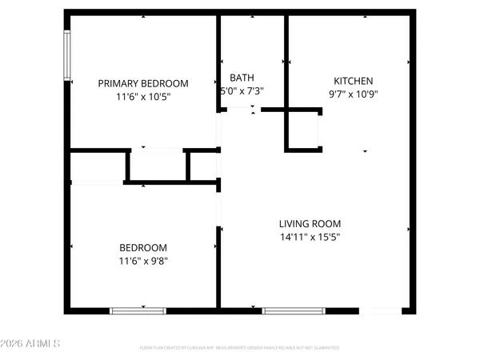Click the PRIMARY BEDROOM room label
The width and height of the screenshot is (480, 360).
[143, 83]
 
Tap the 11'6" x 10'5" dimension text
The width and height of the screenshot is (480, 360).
[143, 96]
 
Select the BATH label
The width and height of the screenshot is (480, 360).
[242, 78]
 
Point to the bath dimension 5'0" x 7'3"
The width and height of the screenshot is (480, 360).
[242, 91]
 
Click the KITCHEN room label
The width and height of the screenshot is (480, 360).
[354, 81]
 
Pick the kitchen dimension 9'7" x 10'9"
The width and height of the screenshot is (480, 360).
[354, 94]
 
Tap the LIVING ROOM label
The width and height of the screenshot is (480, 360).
[310, 224]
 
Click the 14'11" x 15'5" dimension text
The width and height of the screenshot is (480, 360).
[310, 237]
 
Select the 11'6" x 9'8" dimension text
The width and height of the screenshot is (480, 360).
[143, 260]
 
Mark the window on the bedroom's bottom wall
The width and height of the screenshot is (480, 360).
[133, 310]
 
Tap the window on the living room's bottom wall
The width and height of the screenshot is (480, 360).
[294, 310]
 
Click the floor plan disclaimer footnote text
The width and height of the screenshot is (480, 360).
[239, 348]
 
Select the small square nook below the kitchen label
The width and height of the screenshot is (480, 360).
[304, 129]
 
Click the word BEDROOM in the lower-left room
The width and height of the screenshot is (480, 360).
[143, 247]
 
